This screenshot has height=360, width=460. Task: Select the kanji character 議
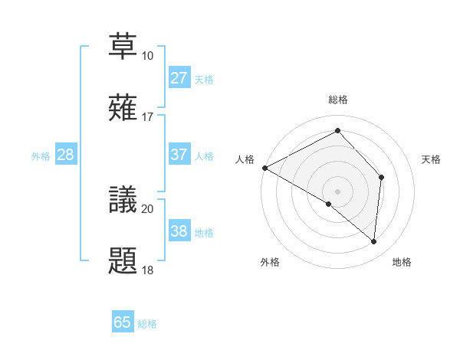(123, 198)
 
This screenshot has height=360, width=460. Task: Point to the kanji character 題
(123, 260)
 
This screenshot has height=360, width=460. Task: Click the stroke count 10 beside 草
(148, 56)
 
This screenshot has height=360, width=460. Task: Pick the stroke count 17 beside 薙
(148, 117)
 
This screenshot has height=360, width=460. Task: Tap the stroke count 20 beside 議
(148, 208)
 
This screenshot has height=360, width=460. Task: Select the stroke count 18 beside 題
(148, 270)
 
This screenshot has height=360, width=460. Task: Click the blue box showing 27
(179, 78)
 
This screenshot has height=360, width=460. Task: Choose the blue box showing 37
(179, 155)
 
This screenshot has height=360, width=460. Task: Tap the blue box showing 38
(179, 231)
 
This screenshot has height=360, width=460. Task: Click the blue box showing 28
(66, 155)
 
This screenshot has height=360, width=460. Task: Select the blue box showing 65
(123, 322)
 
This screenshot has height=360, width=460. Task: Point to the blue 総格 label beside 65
(148, 324)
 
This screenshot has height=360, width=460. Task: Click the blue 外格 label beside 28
(41, 156)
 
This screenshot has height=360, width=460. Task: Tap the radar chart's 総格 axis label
(337, 100)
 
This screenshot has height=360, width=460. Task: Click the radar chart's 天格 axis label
(432, 159)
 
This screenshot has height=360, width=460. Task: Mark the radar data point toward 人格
(264, 168)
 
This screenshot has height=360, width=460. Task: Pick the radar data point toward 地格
(373, 241)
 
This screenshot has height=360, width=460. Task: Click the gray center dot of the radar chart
(337, 191)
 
